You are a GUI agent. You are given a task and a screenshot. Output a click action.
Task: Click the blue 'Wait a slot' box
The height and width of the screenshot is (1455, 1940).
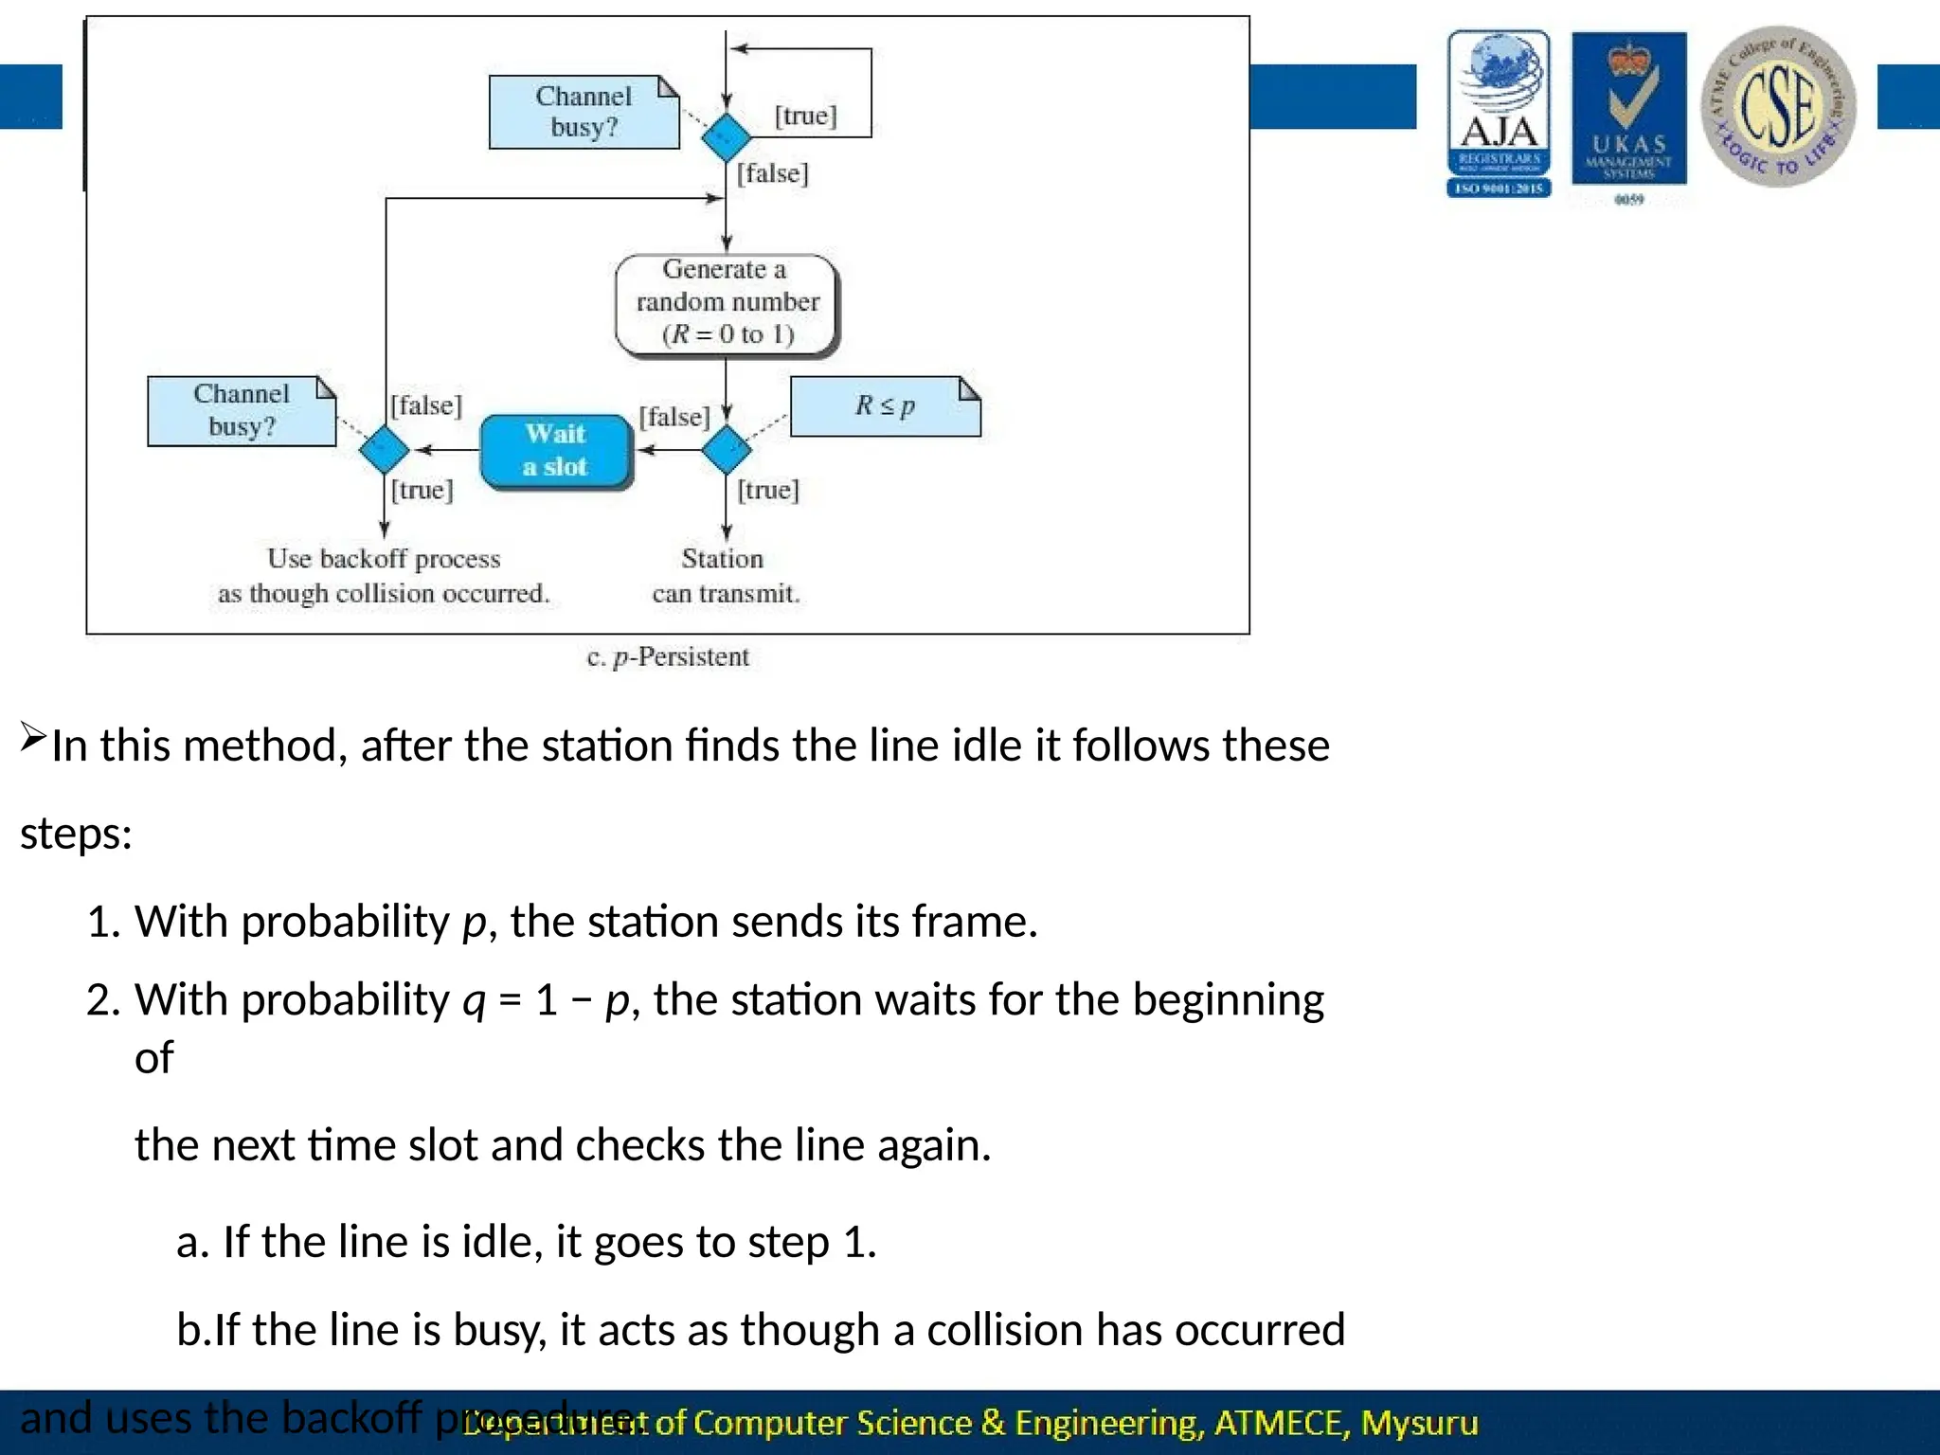556,451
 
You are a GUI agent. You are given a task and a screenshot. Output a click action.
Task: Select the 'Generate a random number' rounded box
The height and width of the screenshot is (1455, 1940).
727,302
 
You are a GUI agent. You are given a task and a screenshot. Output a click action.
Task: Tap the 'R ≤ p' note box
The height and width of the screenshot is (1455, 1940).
885,406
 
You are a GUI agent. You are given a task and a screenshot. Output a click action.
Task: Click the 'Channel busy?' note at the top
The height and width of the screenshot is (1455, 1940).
584,112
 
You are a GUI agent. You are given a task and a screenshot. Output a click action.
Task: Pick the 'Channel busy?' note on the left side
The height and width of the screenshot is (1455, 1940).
242,410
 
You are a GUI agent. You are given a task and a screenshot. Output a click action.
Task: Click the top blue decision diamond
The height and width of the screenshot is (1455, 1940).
727,137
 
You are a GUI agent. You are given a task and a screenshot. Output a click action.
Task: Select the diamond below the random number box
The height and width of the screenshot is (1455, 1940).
727,449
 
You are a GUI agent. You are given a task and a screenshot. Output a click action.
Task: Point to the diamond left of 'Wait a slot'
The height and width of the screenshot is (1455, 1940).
385,449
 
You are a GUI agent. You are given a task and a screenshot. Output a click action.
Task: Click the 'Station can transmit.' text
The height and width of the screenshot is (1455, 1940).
725,576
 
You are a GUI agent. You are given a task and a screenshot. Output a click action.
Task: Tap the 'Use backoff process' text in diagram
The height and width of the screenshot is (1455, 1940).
384,560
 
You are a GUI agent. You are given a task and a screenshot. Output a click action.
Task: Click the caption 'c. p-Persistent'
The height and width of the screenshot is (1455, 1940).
668,657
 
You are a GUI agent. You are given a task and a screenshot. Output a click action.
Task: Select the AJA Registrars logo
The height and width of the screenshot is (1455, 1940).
1499,114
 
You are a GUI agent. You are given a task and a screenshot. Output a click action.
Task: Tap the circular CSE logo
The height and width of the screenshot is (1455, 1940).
1778,107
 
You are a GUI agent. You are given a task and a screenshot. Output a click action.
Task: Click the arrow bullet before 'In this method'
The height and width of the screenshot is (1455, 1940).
33,736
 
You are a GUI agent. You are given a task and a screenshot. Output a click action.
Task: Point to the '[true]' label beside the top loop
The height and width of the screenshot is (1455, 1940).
806,117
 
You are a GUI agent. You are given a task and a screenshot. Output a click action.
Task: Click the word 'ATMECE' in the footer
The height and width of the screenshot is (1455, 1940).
1280,1424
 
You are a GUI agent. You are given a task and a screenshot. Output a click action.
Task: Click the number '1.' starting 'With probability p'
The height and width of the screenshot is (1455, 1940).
103,922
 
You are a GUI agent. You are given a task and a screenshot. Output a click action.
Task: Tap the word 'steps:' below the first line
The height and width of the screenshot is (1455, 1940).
76,835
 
